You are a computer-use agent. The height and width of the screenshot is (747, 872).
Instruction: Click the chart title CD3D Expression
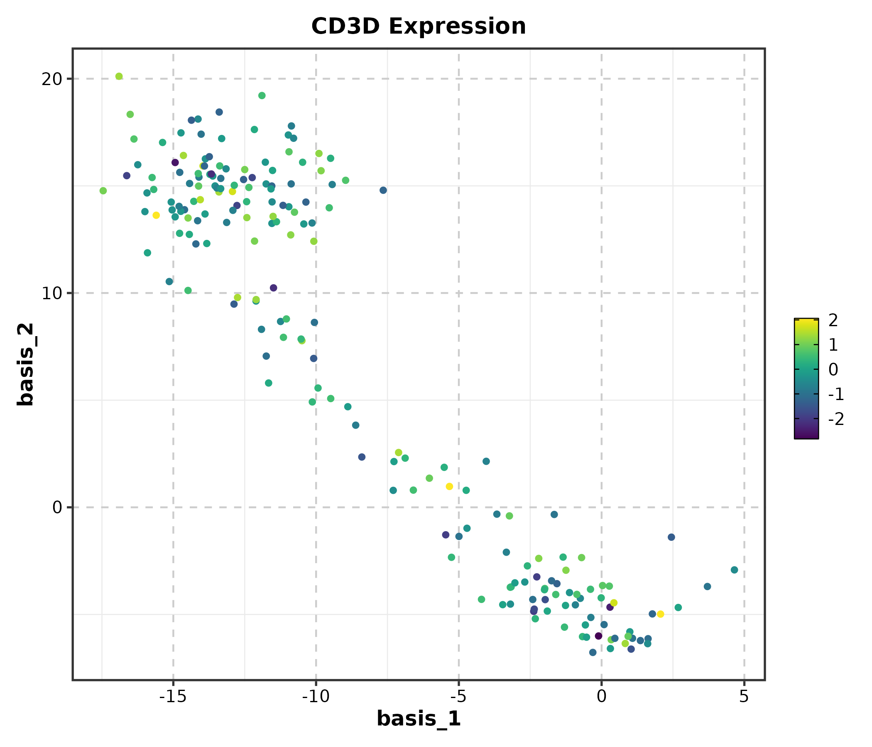click(418, 27)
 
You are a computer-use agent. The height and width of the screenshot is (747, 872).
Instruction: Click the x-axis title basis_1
click(418, 718)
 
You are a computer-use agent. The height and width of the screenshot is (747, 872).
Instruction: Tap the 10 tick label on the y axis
click(51, 293)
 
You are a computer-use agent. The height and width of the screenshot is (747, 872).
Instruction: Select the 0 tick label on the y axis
click(57, 508)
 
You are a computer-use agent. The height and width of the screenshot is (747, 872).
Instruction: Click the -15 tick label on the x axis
click(173, 697)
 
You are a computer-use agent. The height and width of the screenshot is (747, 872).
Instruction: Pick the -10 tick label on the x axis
click(316, 697)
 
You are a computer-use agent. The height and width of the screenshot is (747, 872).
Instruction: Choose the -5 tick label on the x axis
click(458, 697)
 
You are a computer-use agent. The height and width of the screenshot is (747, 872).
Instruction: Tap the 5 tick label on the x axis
click(744, 697)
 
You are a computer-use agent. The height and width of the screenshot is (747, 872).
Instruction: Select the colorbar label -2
click(835, 419)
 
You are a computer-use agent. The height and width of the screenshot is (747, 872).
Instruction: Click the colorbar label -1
click(835, 394)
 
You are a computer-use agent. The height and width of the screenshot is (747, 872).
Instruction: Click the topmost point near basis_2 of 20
click(119, 76)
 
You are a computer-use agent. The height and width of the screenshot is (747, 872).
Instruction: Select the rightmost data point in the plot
click(735, 570)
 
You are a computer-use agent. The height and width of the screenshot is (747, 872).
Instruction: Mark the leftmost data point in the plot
click(103, 191)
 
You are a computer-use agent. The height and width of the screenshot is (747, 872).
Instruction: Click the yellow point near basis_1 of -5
click(449, 487)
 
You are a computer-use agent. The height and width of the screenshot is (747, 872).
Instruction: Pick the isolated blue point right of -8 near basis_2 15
click(383, 190)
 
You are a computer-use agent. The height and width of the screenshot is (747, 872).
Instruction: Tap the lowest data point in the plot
click(593, 652)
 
